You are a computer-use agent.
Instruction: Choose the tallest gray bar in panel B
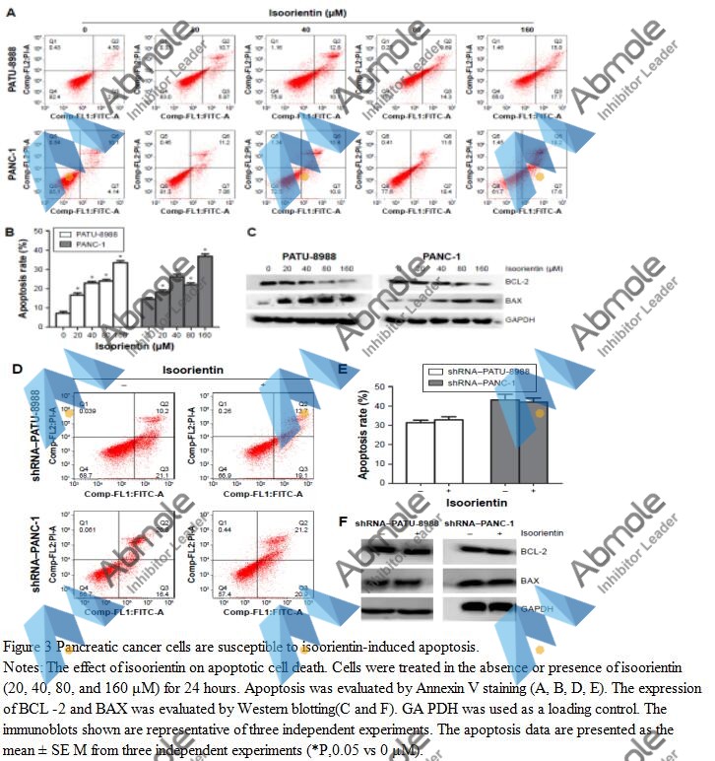tap(205, 284)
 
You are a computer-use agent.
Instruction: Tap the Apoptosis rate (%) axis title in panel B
tap(19, 271)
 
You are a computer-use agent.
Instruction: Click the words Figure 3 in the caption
tap(29, 647)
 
